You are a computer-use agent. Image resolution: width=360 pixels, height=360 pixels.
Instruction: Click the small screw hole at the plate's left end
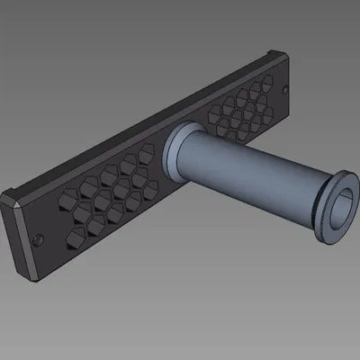click(37, 239)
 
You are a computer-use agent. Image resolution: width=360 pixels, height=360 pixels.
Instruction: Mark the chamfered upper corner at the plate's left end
click(11, 194)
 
